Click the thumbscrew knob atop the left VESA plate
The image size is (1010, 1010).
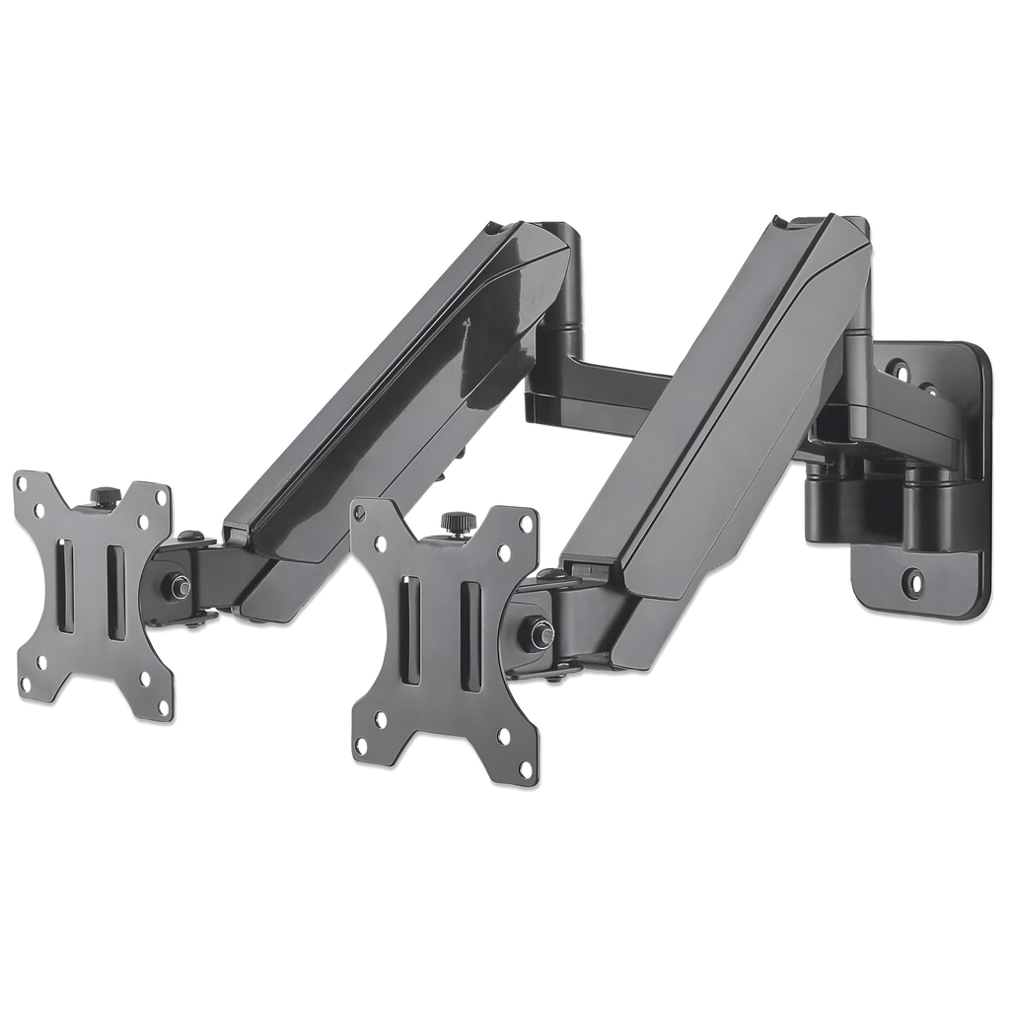pos(101,496)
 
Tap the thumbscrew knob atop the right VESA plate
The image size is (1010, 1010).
pos(455,520)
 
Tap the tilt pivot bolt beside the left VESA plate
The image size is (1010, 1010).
pos(179,587)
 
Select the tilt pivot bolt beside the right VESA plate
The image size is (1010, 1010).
pos(540,631)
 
